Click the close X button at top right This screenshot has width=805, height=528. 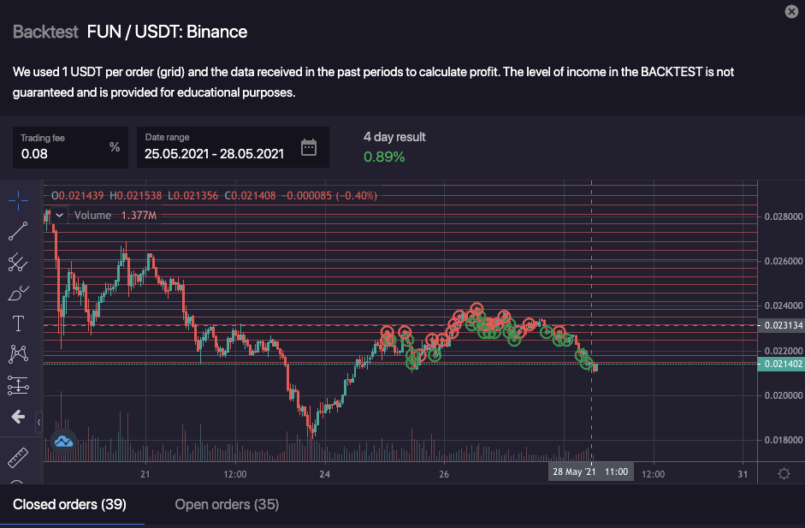click(x=791, y=11)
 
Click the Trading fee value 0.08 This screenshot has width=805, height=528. click(x=35, y=154)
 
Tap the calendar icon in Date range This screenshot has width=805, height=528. click(x=309, y=147)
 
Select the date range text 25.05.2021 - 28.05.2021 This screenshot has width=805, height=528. click(x=214, y=154)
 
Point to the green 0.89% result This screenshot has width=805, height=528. click(x=384, y=157)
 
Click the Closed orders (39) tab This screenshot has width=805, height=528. click(x=69, y=505)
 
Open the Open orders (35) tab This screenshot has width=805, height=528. click(x=227, y=505)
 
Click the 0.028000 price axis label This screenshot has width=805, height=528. click(x=783, y=217)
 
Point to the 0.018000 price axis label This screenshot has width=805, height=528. click(x=783, y=440)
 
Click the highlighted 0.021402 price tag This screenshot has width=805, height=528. click(x=783, y=365)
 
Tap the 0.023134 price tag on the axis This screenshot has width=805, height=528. click(x=783, y=325)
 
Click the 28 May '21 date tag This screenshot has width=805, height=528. click(x=572, y=472)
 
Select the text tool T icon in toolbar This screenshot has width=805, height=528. click(x=18, y=323)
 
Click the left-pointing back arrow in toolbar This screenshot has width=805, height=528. click(x=18, y=417)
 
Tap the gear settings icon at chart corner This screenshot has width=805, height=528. click(x=784, y=473)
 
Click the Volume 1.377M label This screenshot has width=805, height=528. click(x=115, y=216)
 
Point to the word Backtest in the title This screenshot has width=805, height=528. click(x=45, y=33)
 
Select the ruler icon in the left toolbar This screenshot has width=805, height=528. click(x=18, y=458)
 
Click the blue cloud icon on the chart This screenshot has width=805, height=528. click(x=63, y=441)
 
